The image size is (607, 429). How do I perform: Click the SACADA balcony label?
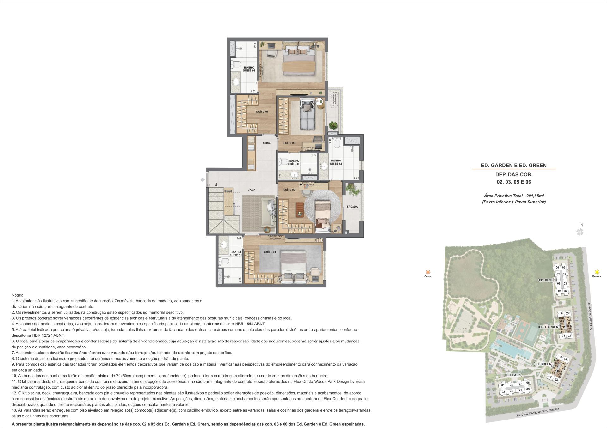coord(352,207)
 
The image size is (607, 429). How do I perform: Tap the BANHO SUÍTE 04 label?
coord(249,69)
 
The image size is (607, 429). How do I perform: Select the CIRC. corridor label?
coord(267,143)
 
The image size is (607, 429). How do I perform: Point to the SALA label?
coord(251,190)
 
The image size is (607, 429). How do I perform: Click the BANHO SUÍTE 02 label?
coord(336,162)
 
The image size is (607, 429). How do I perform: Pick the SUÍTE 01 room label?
coord(270,252)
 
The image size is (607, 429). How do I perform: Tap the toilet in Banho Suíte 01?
coord(224,261)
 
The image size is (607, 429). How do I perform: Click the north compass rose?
coord(580,232)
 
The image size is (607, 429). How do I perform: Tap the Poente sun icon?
coord(428,272)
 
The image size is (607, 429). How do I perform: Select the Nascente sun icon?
coord(597,272)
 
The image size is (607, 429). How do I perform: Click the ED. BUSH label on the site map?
coord(546,280)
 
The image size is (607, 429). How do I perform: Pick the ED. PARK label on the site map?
coord(513,375)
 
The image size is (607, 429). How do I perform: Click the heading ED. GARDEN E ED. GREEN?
coord(513,165)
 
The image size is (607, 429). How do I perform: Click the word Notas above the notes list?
coord(17,295)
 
